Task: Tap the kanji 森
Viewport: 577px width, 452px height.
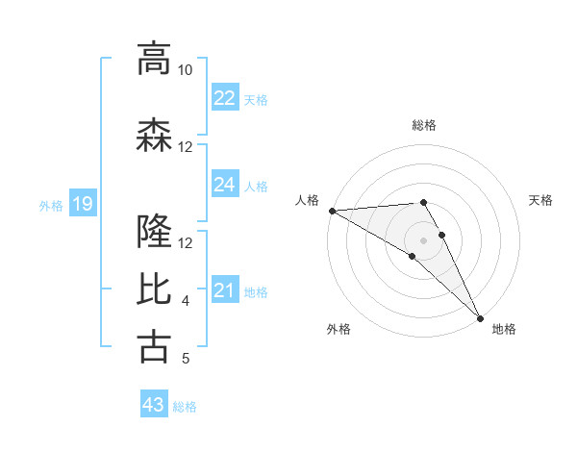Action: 154,136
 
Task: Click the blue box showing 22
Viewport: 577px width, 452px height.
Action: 225,98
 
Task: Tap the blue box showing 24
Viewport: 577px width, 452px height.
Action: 225,185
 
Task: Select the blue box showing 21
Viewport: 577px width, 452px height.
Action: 225,290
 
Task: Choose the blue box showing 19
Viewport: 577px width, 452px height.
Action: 83,204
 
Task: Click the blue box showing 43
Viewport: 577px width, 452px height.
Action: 154,405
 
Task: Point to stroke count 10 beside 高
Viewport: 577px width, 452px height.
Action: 185,70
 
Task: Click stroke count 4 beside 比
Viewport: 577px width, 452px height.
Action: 185,301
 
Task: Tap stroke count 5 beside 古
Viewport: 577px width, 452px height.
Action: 185,359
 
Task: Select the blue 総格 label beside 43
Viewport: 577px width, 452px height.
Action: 185,407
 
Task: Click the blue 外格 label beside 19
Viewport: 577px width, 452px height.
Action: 51,205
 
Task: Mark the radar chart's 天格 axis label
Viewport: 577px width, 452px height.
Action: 541,200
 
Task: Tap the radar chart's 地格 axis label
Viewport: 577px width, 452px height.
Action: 504,329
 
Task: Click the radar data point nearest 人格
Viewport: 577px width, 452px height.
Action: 332,211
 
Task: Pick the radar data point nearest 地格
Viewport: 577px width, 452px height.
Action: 479,318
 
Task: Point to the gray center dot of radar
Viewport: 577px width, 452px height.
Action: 423,239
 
